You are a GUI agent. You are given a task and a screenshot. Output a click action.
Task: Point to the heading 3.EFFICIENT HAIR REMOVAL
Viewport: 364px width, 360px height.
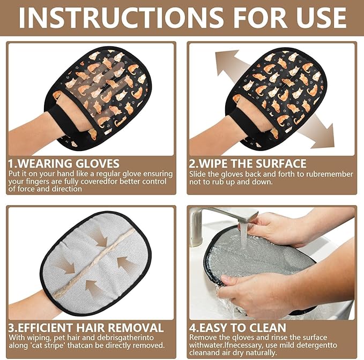pyautogui.click(x=86, y=327)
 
